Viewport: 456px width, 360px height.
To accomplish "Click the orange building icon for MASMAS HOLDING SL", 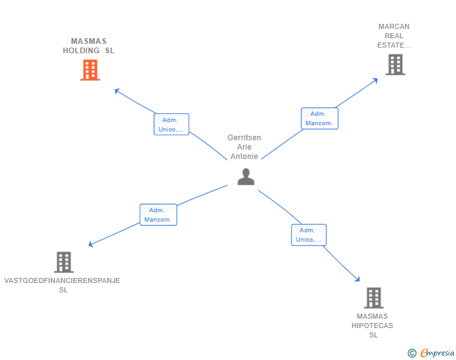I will pos(90,70).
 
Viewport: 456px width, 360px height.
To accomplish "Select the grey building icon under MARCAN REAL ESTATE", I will pos(395,64).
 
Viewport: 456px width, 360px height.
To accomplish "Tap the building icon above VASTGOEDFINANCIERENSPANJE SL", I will pos(64,262).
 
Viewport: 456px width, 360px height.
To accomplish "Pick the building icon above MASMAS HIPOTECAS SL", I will pos(373,298).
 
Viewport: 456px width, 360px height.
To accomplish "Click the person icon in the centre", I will pos(246,177).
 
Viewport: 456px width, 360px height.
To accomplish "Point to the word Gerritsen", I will pos(244,138).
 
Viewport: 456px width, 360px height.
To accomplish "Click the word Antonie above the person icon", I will pos(244,157).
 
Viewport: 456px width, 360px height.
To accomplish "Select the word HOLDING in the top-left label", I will pos(81,51).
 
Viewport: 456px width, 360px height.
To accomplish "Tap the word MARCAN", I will pos(394,26).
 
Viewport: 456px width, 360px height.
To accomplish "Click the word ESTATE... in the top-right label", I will pos(394,45).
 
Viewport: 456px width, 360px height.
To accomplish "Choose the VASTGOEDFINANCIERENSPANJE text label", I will pos(62,280).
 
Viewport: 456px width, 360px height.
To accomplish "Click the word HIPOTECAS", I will pos(373,326).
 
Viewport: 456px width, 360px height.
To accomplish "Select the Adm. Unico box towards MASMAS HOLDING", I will pos(171,125).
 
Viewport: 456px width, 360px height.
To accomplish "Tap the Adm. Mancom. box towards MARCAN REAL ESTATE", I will pos(319,118).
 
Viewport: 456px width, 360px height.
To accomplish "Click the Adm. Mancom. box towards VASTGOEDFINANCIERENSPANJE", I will pos(158,215).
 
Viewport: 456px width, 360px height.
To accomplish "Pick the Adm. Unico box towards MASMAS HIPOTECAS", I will pos(308,235).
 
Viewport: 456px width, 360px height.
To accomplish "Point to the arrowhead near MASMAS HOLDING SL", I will pos(117,91).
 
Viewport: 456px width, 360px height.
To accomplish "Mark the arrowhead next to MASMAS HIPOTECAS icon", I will pos(358,279).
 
